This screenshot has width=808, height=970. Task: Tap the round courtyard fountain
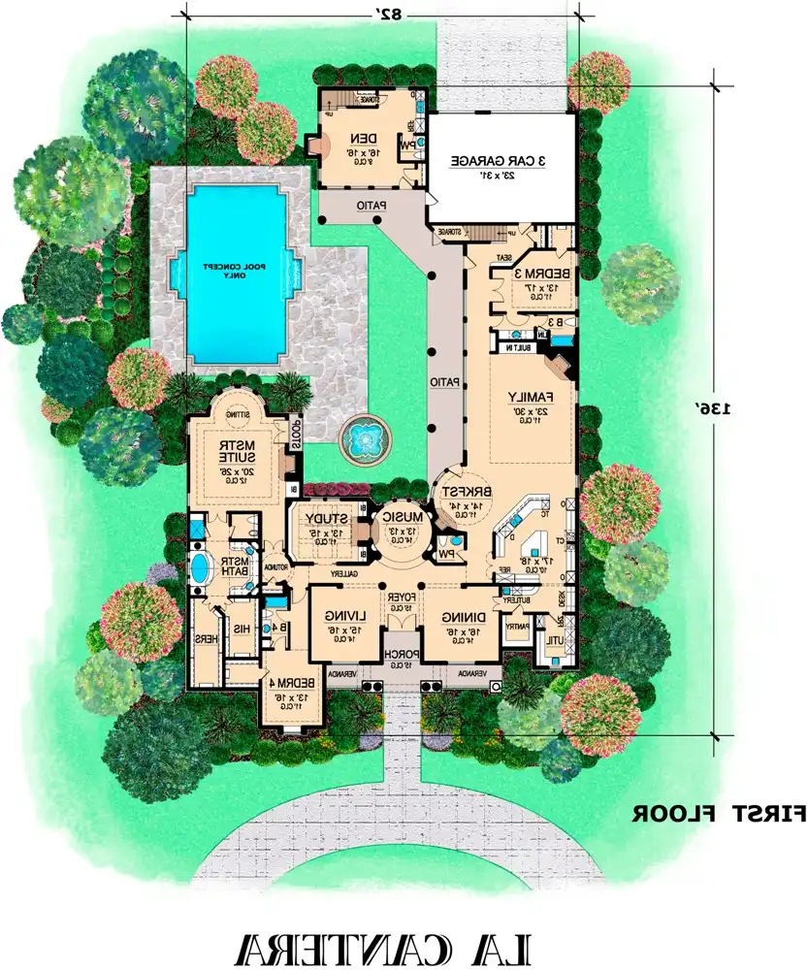coord(364,438)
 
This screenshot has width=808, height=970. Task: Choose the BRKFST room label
coord(465,493)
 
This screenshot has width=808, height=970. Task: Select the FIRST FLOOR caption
coord(718,813)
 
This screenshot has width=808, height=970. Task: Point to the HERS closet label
coord(206,639)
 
